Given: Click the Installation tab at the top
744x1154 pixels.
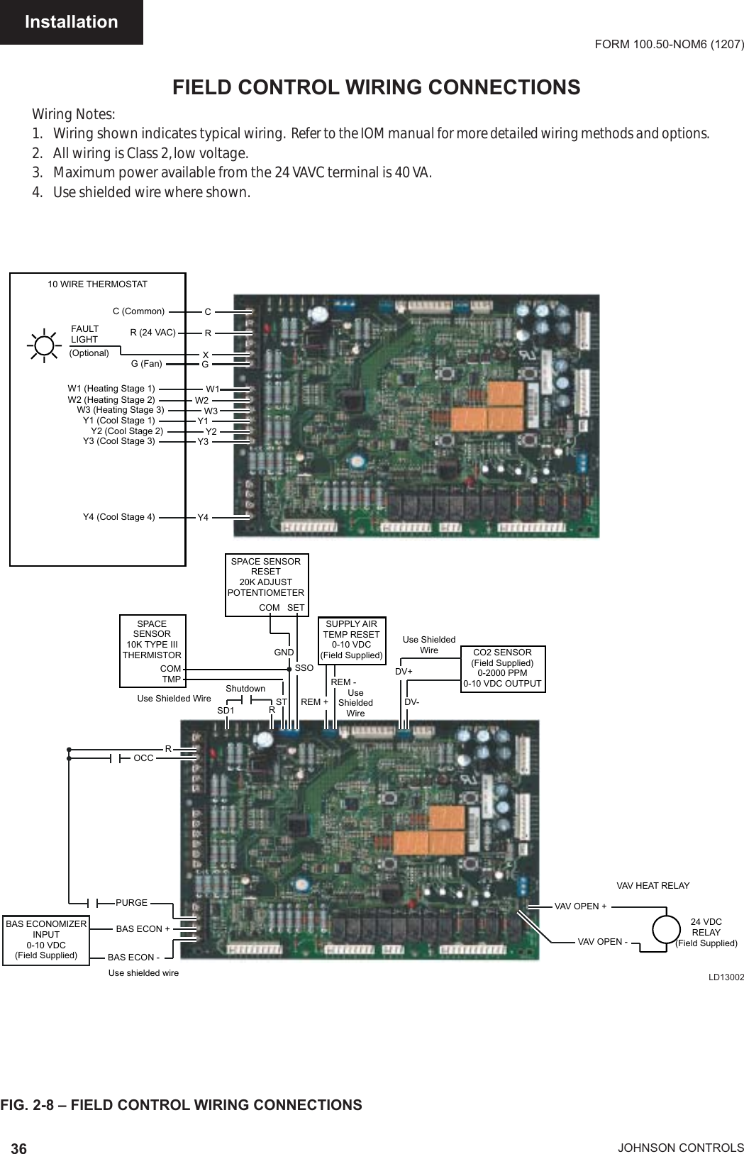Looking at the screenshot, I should pyautogui.click(x=71, y=22).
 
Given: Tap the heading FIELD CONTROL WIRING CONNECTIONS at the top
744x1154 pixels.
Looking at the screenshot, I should pyautogui.click(x=377, y=87).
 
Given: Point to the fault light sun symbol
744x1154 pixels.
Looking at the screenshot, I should pyautogui.click(x=44, y=345).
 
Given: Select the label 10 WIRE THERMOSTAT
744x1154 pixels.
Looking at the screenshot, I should pyautogui.click(x=98, y=284).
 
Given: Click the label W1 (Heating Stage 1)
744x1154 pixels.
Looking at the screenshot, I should pyautogui.click(x=111, y=389).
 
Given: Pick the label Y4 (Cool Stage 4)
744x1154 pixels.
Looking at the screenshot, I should pyautogui.click(x=119, y=516).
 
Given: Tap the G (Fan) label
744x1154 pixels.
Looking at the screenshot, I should pyautogui.click(x=147, y=364).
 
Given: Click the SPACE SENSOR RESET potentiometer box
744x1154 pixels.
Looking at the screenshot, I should pyautogui.click(x=266, y=584).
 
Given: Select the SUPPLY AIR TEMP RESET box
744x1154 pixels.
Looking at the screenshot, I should pyautogui.click(x=351, y=640).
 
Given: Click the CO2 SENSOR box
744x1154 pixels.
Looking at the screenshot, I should pyautogui.click(x=502, y=668).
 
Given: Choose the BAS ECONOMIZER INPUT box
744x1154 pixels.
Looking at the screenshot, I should pyautogui.click(x=46, y=940).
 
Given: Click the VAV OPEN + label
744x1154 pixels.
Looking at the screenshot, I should pyautogui.click(x=580, y=906).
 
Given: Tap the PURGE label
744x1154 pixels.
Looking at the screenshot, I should pyautogui.click(x=132, y=903).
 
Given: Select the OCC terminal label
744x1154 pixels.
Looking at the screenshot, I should pyautogui.click(x=143, y=758).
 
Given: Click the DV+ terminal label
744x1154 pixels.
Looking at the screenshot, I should pyautogui.click(x=404, y=671).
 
